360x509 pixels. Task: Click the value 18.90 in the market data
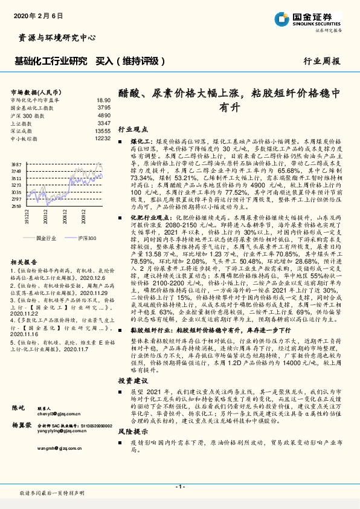click(104, 100)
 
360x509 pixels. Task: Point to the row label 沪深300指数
click(27, 115)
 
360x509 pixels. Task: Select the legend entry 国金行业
click(44, 238)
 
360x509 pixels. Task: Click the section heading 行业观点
click(132, 129)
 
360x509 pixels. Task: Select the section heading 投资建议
click(132, 381)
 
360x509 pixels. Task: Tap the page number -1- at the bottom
click(179, 487)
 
